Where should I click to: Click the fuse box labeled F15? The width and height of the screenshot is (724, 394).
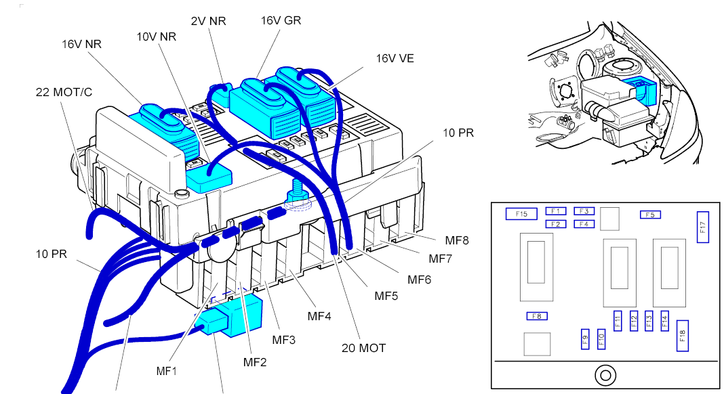pyautogui.click(x=521, y=214)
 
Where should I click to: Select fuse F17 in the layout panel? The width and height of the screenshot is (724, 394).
pyautogui.click(x=702, y=227)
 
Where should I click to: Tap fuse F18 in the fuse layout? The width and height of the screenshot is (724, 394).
pyautogui.click(x=683, y=335)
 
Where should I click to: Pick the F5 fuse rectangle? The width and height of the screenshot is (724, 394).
pyautogui.click(x=650, y=215)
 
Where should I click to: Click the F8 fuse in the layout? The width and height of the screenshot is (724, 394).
pyautogui.click(x=537, y=316)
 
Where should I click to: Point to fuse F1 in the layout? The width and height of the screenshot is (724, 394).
pyautogui.click(x=556, y=211)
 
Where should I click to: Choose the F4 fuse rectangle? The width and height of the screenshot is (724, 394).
pyautogui.click(x=584, y=224)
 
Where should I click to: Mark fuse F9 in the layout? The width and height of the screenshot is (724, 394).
pyautogui.click(x=585, y=338)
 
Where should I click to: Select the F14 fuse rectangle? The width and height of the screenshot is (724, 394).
pyautogui.click(x=664, y=320)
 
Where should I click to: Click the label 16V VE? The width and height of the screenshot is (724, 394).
pyautogui.click(x=395, y=58)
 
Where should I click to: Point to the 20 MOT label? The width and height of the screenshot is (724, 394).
pyautogui.click(x=363, y=348)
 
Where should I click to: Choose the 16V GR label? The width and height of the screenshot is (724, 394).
pyautogui.click(x=281, y=20)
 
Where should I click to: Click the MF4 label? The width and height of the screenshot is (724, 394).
pyautogui.click(x=321, y=315)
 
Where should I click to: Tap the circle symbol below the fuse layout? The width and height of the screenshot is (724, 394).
pyautogui.click(x=603, y=374)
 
